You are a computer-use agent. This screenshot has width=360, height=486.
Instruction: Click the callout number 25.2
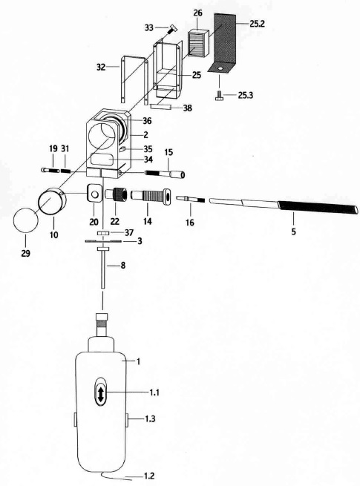[x=257, y=24]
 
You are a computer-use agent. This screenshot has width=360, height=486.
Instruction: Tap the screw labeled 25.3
[x=220, y=96]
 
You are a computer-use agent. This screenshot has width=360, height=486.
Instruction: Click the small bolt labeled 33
[x=171, y=30]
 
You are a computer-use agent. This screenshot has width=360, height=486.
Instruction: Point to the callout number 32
[x=101, y=67]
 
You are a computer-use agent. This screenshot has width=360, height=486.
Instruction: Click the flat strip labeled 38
[x=160, y=107]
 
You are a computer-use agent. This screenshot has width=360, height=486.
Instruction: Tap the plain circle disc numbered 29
[x=26, y=220]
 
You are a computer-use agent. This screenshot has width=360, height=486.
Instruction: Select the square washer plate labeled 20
[x=94, y=194]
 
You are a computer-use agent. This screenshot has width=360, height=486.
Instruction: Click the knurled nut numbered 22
[x=117, y=196]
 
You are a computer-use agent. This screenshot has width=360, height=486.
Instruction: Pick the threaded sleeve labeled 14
[x=151, y=197]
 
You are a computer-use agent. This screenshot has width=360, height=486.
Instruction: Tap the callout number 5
[x=293, y=231]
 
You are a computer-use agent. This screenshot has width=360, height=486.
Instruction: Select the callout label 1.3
[x=150, y=419]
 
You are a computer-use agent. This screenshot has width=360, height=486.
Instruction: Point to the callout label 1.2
[x=149, y=476]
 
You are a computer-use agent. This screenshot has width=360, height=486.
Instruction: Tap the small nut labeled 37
[x=102, y=233]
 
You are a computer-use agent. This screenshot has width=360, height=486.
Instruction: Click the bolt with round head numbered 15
[x=165, y=174]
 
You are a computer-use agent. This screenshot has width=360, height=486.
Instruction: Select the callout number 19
[x=53, y=149]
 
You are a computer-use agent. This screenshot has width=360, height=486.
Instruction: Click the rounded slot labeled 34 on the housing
[x=103, y=160]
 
